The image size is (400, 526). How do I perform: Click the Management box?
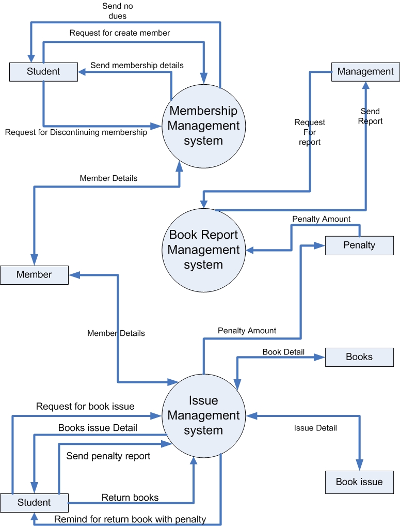click(x=365, y=72)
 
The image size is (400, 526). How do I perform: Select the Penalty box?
click(x=359, y=245)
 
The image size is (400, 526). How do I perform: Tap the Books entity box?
click(x=359, y=357)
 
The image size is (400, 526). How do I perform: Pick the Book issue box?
click(x=359, y=482)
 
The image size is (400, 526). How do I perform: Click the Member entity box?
click(x=34, y=275)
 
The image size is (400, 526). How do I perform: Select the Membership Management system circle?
click(x=203, y=126)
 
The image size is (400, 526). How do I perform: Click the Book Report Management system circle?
click(x=203, y=250)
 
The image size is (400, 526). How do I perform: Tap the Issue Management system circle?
click(x=203, y=415)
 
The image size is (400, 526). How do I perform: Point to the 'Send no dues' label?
click(x=118, y=11)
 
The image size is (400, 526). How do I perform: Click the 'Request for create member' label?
click(x=120, y=33)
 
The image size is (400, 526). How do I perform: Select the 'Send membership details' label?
click(x=137, y=66)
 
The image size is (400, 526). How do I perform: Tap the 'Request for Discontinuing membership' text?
click(x=76, y=132)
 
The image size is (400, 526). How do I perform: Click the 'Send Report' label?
click(x=371, y=116)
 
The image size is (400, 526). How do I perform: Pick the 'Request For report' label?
click(x=310, y=132)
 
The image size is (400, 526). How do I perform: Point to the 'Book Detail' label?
click(x=283, y=352)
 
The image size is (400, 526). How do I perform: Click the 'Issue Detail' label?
click(x=315, y=428)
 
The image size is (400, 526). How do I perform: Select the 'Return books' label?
click(x=130, y=498)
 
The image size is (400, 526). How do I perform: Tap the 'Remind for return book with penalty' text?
click(x=130, y=519)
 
